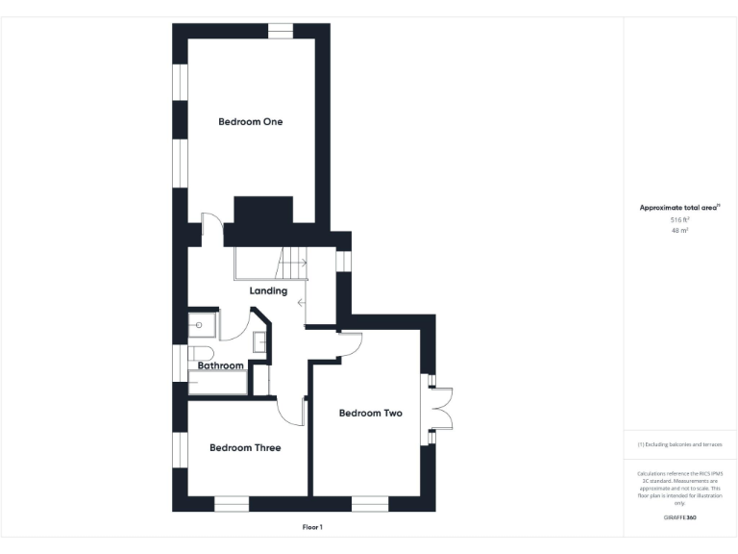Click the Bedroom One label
point(250,122)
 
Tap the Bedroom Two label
point(370,414)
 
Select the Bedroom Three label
point(245,448)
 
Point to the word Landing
point(268,291)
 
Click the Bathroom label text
point(220,366)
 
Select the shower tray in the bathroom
point(203,326)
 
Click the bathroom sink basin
point(259,340)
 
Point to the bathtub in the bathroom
point(217,385)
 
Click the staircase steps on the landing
point(291,261)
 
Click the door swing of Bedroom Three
point(291,412)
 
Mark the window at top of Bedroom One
point(280,32)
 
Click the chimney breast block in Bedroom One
point(262,212)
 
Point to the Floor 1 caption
point(311,527)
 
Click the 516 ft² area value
point(679,220)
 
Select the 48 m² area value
point(679,231)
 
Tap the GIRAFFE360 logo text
point(679,517)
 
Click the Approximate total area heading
point(678,208)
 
